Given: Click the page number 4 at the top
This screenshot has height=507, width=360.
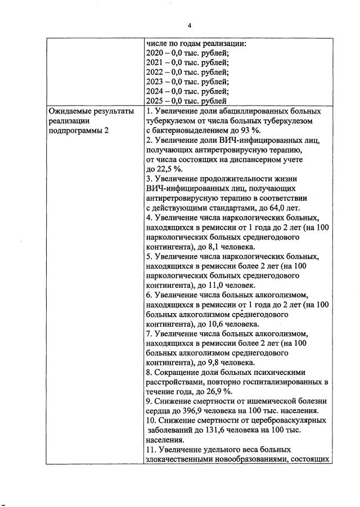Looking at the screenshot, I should (190, 25).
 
